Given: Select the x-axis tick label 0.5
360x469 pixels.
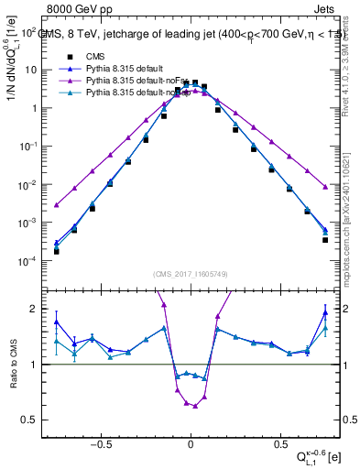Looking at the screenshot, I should (x=278, y=441).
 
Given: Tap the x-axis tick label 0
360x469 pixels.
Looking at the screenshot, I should (x=191, y=441).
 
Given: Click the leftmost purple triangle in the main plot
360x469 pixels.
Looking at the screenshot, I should (x=56, y=205).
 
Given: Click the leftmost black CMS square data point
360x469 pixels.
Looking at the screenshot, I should (x=56, y=250).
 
